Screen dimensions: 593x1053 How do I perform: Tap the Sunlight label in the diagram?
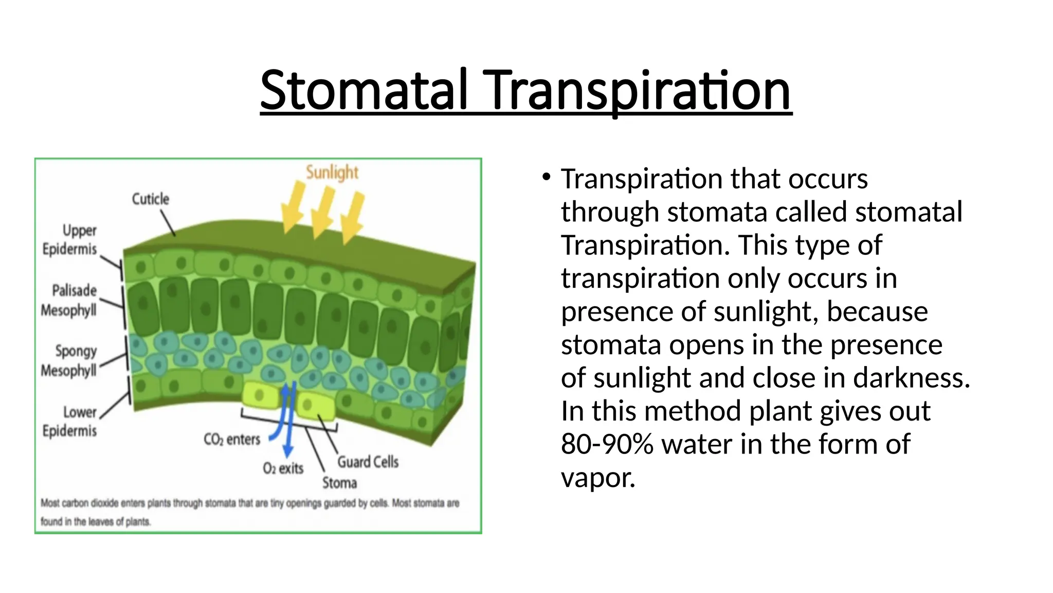click(x=332, y=172)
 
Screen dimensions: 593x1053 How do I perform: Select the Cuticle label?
click(x=150, y=199)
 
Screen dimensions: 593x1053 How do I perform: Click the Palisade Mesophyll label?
click(x=69, y=301)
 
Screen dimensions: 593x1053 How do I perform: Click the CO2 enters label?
click(x=232, y=439)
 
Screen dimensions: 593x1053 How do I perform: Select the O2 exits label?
click(x=283, y=468)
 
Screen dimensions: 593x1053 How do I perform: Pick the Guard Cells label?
click(x=368, y=462)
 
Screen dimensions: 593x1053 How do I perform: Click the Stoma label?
click(x=339, y=483)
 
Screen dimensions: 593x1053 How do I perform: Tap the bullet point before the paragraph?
click(x=546, y=178)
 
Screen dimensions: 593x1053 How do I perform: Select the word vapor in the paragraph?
click(x=598, y=478)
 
